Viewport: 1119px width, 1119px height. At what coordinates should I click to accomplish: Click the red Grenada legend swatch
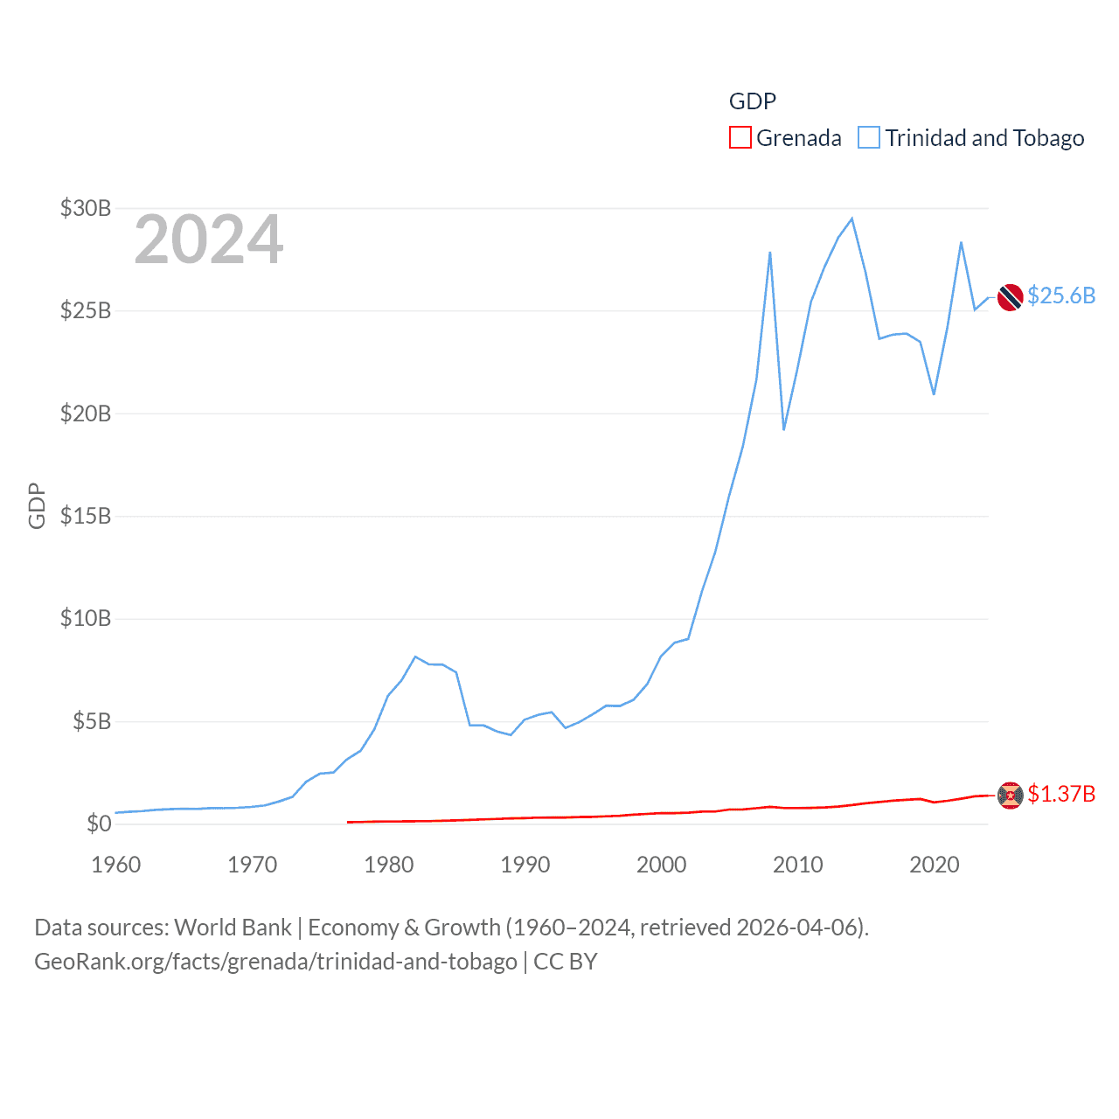click(x=740, y=138)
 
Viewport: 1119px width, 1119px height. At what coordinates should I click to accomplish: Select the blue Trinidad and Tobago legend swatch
click(x=868, y=138)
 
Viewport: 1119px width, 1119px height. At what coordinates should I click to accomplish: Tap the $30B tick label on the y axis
click(x=86, y=208)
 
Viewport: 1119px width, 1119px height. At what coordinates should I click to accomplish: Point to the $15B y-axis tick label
click(x=86, y=516)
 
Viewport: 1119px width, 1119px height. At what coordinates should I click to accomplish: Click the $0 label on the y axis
click(x=99, y=824)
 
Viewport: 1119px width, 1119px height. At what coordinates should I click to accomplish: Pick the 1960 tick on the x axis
click(x=116, y=865)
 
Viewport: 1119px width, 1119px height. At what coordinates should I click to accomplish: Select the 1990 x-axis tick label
click(x=525, y=865)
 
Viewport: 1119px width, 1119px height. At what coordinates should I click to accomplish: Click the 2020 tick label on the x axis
click(x=935, y=865)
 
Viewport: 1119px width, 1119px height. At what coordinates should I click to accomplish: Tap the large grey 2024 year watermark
click(x=209, y=240)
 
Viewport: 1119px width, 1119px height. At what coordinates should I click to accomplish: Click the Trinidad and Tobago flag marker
click(x=1010, y=297)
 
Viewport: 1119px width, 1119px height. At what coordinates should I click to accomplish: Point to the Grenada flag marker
click(x=1010, y=796)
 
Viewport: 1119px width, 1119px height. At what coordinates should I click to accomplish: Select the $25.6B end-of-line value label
click(x=1061, y=295)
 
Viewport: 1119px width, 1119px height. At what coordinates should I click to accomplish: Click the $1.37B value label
click(x=1061, y=794)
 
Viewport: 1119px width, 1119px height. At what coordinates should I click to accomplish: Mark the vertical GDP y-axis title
click(x=37, y=505)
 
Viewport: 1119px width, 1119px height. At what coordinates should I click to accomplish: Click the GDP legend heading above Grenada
click(x=753, y=101)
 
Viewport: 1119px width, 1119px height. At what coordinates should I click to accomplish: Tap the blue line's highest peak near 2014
click(x=851, y=219)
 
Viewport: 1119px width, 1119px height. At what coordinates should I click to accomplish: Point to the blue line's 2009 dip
click(x=784, y=429)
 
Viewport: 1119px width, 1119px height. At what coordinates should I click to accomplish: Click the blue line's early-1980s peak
click(x=415, y=657)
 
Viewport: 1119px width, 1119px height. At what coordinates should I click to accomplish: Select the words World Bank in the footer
click(x=233, y=927)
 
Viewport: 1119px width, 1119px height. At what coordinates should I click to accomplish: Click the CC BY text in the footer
click(x=566, y=962)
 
